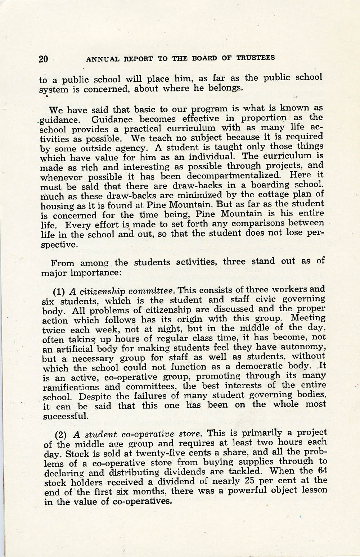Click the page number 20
[43, 59]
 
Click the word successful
[66, 417]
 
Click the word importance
[95, 272]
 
